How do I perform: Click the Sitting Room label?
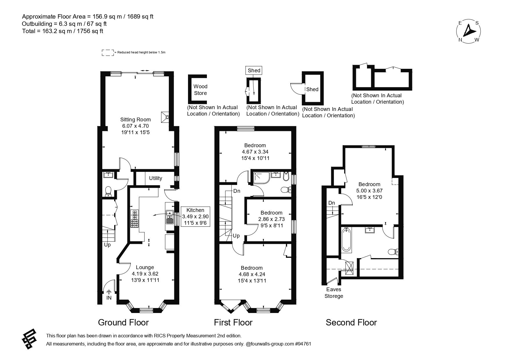point(135,119)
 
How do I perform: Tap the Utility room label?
point(155,178)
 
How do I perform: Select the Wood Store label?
point(201,90)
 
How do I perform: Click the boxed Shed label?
point(254,70)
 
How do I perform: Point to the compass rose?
point(468,31)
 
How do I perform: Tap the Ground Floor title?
point(123,323)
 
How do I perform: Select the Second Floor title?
point(351,323)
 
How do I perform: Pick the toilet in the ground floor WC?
point(108,191)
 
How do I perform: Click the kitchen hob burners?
point(135,219)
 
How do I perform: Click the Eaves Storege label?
point(334,293)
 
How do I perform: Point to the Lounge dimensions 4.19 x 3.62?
point(145,274)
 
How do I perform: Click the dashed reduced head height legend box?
point(108,53)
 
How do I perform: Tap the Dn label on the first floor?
point(237,191)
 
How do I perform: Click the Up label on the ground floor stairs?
point(107,245)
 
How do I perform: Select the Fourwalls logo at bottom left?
point(29,339)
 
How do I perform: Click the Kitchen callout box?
point(195,217)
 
